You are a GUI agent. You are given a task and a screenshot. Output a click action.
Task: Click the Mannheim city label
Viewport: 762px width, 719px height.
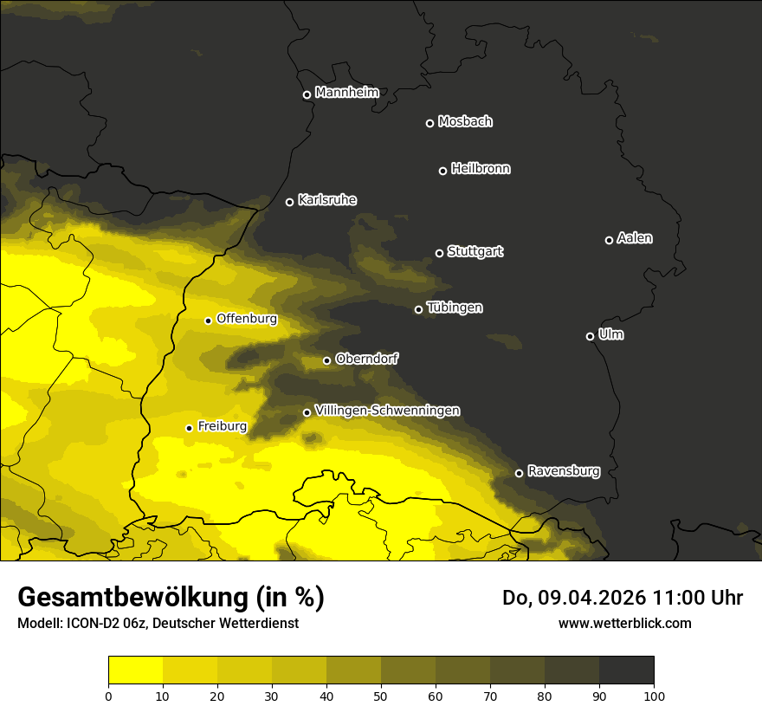(346, 93)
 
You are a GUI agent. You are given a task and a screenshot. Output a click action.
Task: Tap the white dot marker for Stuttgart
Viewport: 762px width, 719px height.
(439, 253)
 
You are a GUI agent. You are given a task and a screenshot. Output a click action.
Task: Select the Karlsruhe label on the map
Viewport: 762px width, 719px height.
(326, 200)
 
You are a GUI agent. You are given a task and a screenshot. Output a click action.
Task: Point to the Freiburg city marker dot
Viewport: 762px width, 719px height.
(189, 428)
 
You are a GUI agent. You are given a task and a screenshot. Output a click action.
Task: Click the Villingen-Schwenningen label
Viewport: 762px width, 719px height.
(387, 411)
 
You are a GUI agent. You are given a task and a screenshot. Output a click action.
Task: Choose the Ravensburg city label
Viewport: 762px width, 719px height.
(563, 471)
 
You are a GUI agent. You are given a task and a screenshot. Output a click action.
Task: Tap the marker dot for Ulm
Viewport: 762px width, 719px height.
(590, 336)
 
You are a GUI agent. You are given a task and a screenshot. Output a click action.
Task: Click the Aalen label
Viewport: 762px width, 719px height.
(634, 238)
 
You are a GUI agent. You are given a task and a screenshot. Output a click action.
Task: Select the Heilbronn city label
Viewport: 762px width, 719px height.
(481, 169)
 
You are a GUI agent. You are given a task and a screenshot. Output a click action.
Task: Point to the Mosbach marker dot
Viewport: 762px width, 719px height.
(429, 123)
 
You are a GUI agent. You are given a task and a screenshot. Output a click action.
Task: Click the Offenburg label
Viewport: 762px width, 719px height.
(247, 319)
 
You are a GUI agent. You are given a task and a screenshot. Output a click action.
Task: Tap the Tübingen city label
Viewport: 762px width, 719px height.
(455, 308)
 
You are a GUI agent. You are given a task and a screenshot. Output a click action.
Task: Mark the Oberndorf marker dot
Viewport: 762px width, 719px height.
(326, 360)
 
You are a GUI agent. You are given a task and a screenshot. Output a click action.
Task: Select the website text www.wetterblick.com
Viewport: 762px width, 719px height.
(624, 623)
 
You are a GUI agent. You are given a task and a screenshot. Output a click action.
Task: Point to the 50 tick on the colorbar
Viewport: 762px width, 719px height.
(381, 696)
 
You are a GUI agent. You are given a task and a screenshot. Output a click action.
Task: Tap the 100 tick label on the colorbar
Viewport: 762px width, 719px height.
(654, 696)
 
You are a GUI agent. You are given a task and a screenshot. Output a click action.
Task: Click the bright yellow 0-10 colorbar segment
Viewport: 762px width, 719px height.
(135, 670)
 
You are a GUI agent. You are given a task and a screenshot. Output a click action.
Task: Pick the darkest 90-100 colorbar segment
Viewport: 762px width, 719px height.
(626, 670)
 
